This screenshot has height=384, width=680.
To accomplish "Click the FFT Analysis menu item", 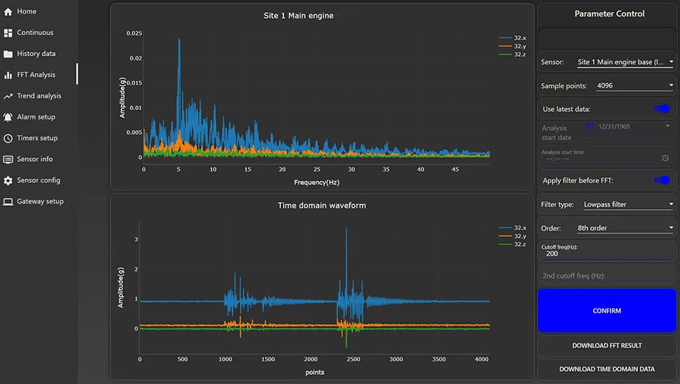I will (36, 75).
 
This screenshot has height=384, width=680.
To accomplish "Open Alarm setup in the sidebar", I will (36, 117).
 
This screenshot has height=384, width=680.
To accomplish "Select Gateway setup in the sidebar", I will (40, 202).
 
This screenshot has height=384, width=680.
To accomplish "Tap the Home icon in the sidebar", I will (8, 12).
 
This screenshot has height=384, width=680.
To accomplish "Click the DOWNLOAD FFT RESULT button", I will (607, 346).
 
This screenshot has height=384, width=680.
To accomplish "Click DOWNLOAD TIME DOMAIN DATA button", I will (607, 369).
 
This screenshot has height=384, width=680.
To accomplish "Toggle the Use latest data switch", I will (661, 109).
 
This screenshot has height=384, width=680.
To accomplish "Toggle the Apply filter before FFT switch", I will (661, 180).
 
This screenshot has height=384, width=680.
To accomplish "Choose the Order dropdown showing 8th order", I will (625, 228).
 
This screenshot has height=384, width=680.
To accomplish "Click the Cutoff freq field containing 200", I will (605, 254).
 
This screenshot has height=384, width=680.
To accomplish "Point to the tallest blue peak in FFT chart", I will (180, 39).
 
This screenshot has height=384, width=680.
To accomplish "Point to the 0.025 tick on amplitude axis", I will (133, 33).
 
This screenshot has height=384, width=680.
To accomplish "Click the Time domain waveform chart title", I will (322, 205).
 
